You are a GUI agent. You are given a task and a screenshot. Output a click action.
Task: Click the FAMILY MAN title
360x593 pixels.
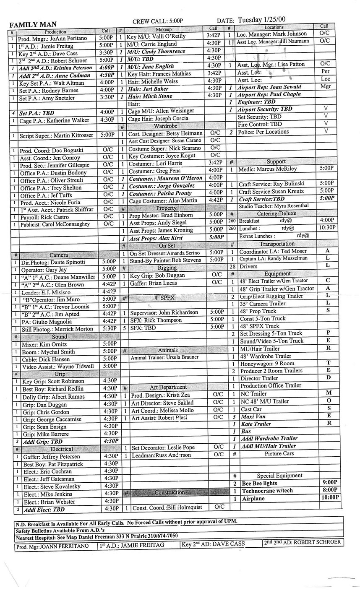coord(33,24)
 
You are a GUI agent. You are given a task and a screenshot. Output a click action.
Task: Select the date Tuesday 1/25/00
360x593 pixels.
coord(261,19)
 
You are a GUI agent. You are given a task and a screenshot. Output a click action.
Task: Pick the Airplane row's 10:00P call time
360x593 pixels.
coord(329,498)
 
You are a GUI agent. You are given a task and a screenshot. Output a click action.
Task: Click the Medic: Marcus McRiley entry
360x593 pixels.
coord(267,169)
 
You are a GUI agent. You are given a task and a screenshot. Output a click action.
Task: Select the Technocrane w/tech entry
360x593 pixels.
coord(267,491)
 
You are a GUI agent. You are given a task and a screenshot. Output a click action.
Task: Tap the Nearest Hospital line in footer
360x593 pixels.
coord(97,536)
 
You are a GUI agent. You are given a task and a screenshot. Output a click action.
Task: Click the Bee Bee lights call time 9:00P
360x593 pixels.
coord(330,483)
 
